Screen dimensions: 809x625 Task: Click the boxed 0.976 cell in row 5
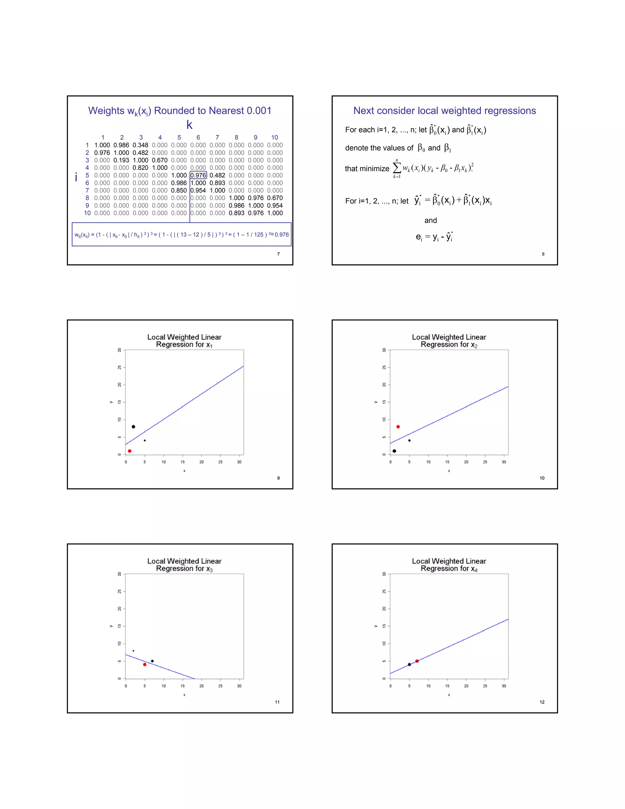(x=198, y=175)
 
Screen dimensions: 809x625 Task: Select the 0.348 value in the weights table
(x=140, y=145)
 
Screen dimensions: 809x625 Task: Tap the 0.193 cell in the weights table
(x=121, y=160)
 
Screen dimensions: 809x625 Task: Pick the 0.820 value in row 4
(x=140, y=168)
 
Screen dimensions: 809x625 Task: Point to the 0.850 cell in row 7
(x=179, y=190)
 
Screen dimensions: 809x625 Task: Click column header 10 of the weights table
(x=274, y=137)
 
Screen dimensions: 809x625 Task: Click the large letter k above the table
(x=189, y=125)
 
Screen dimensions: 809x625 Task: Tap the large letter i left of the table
(x=76, y=177)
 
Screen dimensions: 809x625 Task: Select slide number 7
(x=278, y=254)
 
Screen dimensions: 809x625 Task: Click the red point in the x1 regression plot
(x=130, y=451)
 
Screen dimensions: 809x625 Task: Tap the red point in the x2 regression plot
(x=398, y=427)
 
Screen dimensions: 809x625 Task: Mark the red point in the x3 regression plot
(x=145, y=665)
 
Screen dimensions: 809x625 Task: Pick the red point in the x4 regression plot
(x=417, y=661)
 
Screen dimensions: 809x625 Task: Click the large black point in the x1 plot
(x=133, y=427)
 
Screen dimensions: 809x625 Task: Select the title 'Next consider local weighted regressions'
(x=444, y=111)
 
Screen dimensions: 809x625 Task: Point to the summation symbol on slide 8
(x=396, y=169)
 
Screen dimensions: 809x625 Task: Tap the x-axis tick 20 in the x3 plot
(x=201, y=686)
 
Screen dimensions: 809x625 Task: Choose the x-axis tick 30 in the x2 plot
(x=504, y=462)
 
